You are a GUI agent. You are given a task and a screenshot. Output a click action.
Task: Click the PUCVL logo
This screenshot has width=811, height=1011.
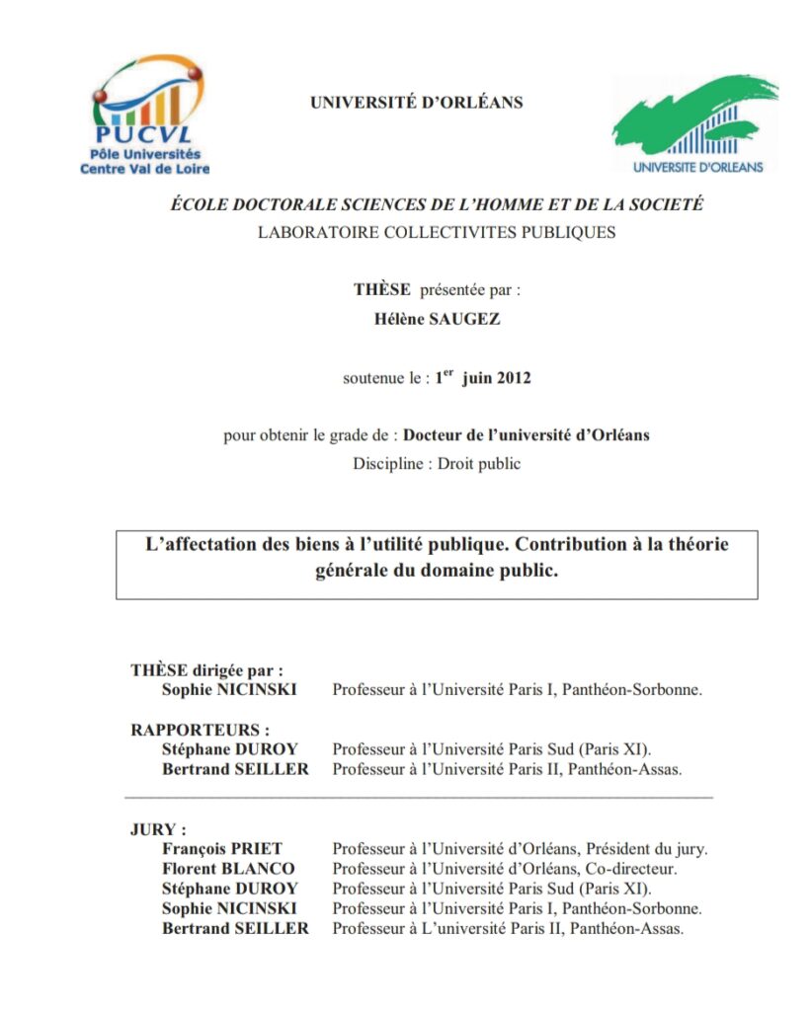[x=144, y=116]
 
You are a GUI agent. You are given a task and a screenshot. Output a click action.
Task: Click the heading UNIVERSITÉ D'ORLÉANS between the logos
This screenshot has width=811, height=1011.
[x=416, y=103]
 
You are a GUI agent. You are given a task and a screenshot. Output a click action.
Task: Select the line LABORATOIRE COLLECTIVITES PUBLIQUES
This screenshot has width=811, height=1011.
[x=436, y=233]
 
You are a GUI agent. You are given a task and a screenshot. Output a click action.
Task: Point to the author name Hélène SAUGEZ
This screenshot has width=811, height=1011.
[x=436, y=320]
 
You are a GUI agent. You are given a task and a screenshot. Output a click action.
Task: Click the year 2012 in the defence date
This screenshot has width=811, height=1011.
[x=514, y=377]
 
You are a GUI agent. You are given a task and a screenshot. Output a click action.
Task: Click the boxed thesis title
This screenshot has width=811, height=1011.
[x=436, y=558]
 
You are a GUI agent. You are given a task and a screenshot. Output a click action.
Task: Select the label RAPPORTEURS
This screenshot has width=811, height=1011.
[x=200, y=730]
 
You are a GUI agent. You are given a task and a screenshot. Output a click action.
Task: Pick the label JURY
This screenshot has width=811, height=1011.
[x=158, y=829]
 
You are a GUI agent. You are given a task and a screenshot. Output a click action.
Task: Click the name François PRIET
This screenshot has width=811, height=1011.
[x=222, y=849]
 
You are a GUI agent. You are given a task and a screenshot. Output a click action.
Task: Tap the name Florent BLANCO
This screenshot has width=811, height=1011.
[x=228, y=869]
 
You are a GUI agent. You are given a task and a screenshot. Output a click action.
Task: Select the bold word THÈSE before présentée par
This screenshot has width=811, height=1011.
[x=383, y=290]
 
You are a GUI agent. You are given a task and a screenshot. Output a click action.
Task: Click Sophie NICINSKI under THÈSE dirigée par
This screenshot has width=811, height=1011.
[x=229, y=690]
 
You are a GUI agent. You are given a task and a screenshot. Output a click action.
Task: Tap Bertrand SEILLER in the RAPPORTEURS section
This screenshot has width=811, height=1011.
[x=235, y=769]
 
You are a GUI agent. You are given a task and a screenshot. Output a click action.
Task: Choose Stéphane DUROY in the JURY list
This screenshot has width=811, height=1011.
[x=229, y=889]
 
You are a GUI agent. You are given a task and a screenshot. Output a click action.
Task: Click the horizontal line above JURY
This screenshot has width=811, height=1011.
[x=419, y=796]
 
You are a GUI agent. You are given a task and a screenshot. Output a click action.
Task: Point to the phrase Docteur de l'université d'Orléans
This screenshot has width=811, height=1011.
[x=527, y=435]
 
